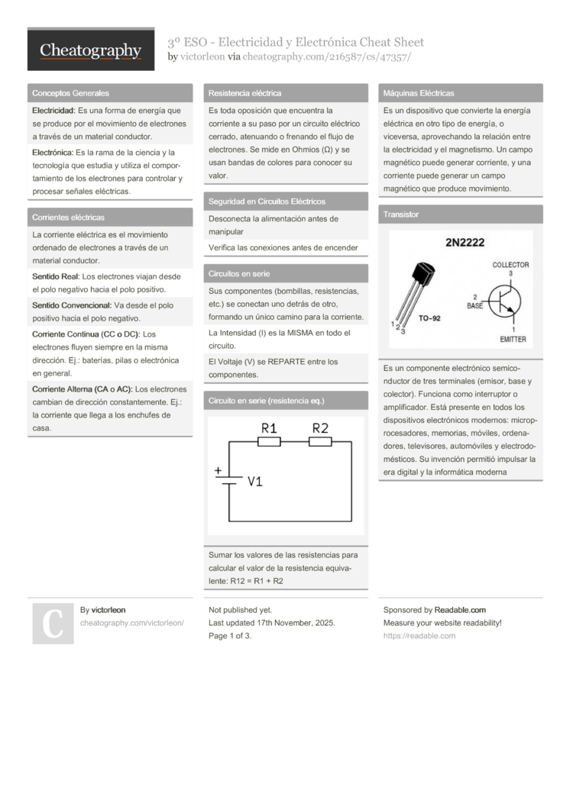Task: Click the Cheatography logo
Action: point(91,50)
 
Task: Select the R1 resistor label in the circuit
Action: point(269,428)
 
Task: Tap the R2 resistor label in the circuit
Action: point(320,428)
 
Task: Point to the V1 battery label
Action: point(255,481)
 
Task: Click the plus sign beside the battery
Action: point(218,471)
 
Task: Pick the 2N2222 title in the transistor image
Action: point(465,243)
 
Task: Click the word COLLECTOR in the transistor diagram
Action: point(510,265)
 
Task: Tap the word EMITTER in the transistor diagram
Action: point(513,338)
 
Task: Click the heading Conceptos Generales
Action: point(70,93)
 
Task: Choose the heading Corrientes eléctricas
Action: point(68,218)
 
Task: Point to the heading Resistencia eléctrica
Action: point(244,93)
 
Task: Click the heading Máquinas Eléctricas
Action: point(419,93)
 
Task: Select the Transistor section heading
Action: point(401,215)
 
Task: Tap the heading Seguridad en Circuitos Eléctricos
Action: point(267,202)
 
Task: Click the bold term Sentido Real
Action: point(55,276)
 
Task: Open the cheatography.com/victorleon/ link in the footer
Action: point(131,623)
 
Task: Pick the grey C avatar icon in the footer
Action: point(53,623)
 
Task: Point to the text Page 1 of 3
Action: point(230,636)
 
